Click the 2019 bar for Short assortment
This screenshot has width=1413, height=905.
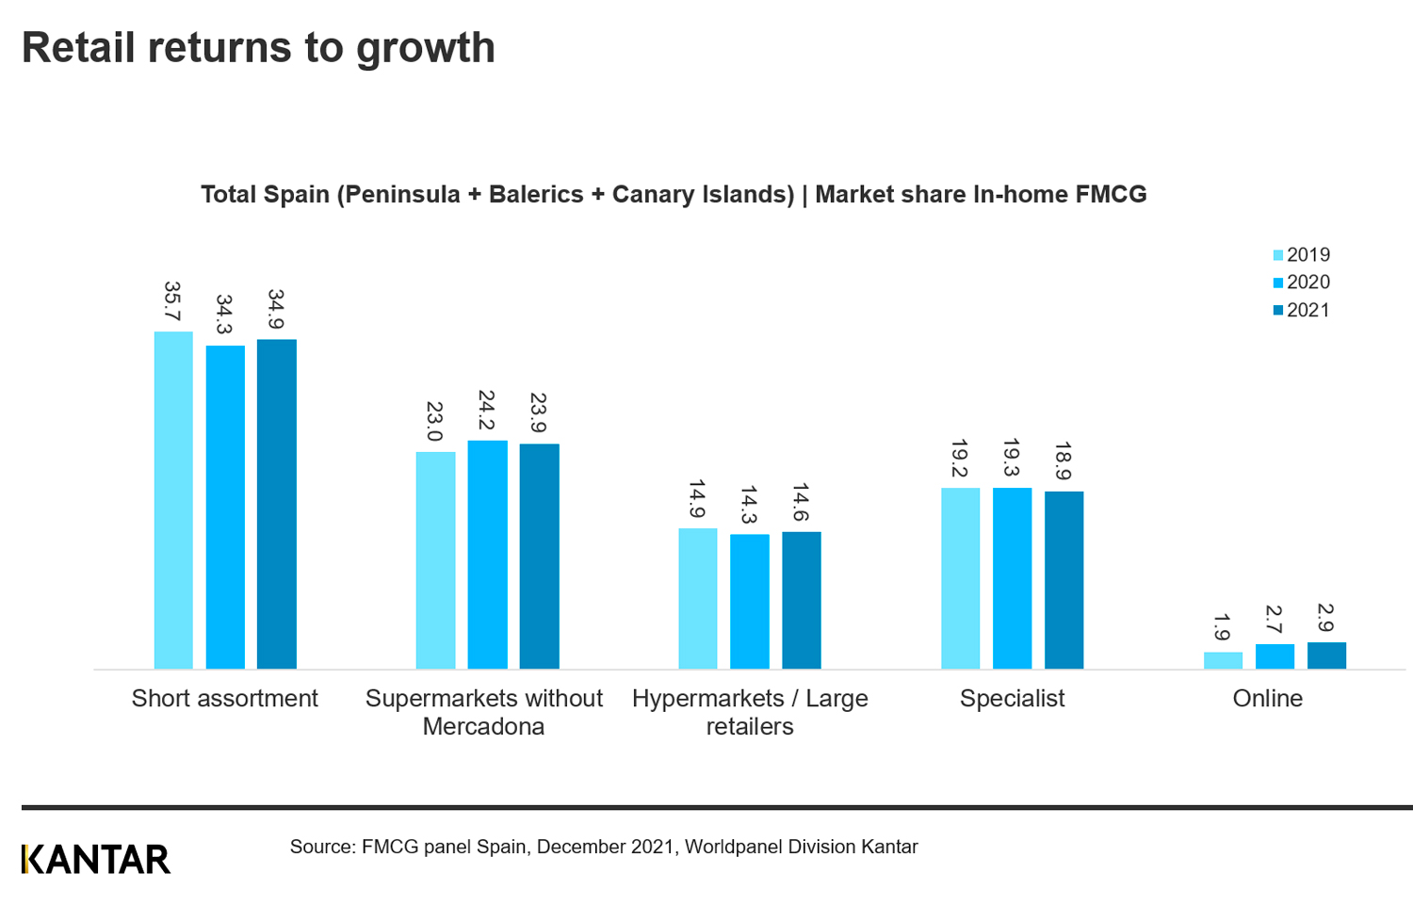pos(173,500)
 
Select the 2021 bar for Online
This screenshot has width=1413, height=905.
pos(1326,655)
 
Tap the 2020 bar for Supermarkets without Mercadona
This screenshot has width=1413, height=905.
pos(487,555)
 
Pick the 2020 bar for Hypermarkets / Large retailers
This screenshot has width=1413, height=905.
pos(750,602)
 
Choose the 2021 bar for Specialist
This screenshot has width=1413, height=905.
pos(1064,580)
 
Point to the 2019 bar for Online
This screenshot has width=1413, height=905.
pos(1223,660)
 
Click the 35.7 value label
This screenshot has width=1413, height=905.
pos(172,300)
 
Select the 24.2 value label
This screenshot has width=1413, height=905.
pos(486,410)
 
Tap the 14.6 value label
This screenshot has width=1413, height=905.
pos(801,502)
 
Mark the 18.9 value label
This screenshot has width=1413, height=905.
pos(1064,461)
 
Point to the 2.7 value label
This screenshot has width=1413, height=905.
pos(1274,619)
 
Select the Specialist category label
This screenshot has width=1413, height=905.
pos(1012,698)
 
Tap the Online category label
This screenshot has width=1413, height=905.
pos(1267,698)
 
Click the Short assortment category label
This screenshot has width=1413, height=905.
pos(224,698)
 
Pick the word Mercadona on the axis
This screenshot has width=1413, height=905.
pos(483,726)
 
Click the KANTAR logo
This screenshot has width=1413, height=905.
pos(96,859)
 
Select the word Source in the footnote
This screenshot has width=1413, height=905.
pos(320,847)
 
